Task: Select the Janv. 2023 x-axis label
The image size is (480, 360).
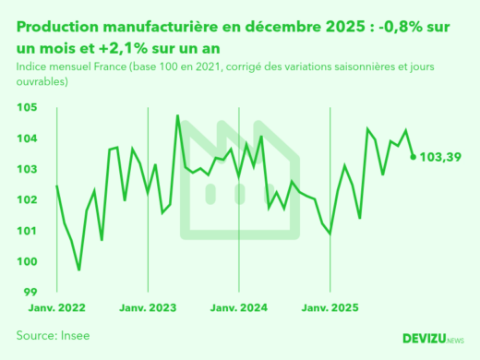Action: [x=149, y=307]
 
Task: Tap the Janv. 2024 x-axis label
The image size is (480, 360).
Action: [x=240, y=307]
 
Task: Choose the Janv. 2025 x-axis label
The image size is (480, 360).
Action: [x=330, y=307]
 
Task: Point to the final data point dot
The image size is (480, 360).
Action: [x=413, y=157]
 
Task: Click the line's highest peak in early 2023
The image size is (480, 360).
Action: [x=177, y=116]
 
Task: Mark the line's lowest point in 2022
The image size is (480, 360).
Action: [x=79, y=270]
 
